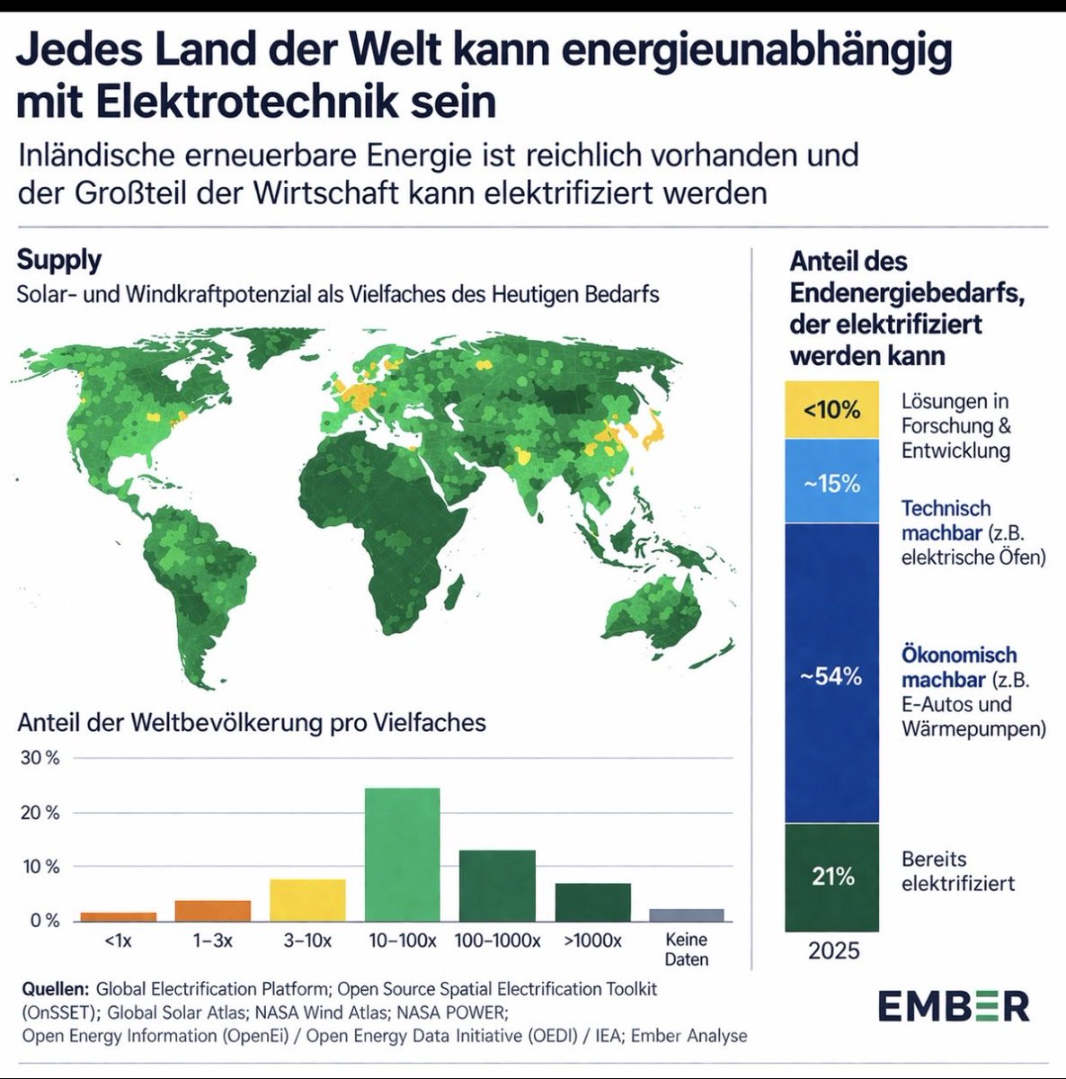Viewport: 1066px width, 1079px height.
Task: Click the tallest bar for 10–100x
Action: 402,854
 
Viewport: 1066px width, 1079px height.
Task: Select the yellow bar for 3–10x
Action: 307,900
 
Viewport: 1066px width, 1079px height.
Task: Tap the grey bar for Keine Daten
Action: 686,915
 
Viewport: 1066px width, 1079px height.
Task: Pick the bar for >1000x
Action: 592,902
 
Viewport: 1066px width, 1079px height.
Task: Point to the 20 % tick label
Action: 40,813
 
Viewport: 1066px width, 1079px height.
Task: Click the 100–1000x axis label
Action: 497,941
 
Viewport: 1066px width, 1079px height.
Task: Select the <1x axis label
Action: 118,941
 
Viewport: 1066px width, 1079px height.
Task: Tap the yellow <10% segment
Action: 831,410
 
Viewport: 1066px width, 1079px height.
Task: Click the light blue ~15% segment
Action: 831,482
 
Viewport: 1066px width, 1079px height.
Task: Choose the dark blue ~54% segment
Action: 831,674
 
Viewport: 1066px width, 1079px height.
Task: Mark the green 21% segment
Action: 831,877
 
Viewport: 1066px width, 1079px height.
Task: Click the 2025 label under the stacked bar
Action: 833,950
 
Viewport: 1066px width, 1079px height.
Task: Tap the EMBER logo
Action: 954,1006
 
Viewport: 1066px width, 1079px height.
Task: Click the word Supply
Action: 59,260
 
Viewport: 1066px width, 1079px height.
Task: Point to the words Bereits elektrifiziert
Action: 958,871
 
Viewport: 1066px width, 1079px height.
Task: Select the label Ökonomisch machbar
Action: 958,666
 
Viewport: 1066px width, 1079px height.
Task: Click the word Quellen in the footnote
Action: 55,989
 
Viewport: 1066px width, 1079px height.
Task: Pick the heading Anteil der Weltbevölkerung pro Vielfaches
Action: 252,722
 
